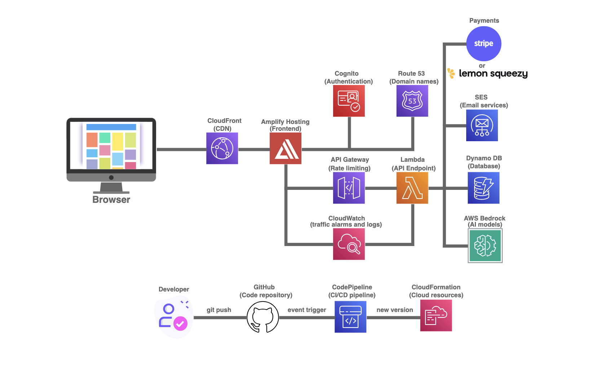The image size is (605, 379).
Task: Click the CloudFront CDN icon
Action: coord(222,148)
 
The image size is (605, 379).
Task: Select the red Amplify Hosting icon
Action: coord(286,148)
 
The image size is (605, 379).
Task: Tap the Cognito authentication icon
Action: coord(349,101)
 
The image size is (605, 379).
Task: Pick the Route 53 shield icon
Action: coord(412,101)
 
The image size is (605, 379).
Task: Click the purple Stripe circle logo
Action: coord(483,44)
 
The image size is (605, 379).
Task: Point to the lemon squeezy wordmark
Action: coord(493,73)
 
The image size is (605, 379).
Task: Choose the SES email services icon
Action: coord(482,125)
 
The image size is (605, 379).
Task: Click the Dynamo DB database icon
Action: coord(483,188)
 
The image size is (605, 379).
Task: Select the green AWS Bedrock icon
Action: coord(485,246)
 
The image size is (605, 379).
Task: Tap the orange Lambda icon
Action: coord(412,188)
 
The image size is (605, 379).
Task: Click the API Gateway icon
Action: coord(349,188)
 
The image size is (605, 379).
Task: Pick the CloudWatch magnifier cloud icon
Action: coord(349,244)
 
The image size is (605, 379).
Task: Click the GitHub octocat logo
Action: coord(263,317)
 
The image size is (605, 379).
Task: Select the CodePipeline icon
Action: coord(350,317)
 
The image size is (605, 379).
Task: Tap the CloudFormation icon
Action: coord(436,316)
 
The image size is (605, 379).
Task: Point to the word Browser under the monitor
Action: coord(111,200)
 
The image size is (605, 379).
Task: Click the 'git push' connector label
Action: coord(219,310)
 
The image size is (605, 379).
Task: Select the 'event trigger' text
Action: coord(307,310)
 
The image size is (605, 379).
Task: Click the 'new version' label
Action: coord(395,310)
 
